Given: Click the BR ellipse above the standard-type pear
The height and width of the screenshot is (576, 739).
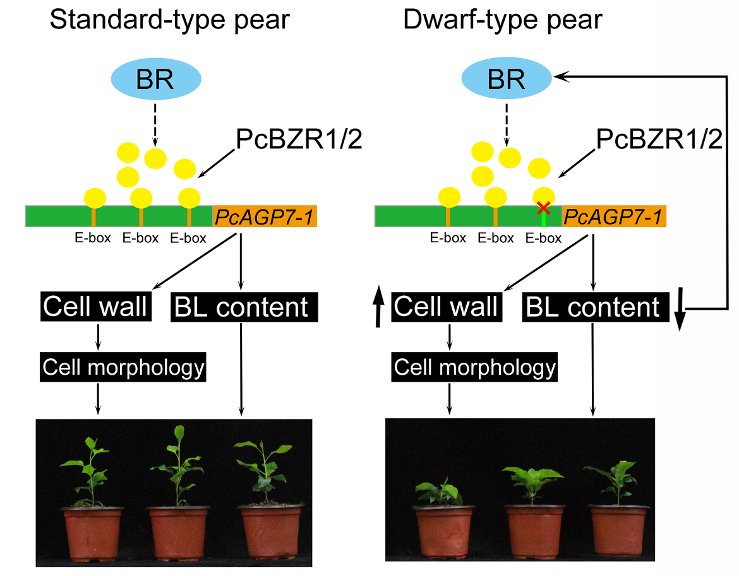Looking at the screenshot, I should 156,79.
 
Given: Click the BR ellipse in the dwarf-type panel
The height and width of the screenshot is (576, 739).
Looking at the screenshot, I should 507,79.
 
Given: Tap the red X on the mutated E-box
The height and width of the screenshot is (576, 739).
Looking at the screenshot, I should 543,206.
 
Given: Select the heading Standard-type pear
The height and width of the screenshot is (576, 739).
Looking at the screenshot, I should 169,21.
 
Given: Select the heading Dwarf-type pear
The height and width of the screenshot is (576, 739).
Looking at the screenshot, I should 503,21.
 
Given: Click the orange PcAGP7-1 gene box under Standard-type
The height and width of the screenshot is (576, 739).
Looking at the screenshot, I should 265,216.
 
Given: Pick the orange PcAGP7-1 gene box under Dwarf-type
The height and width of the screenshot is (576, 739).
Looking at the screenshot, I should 613,216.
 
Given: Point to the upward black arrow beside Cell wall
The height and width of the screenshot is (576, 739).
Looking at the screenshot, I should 378,307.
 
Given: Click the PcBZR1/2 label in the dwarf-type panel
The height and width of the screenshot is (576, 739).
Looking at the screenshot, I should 659,139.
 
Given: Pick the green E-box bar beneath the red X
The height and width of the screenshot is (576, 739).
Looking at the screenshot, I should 543,218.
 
